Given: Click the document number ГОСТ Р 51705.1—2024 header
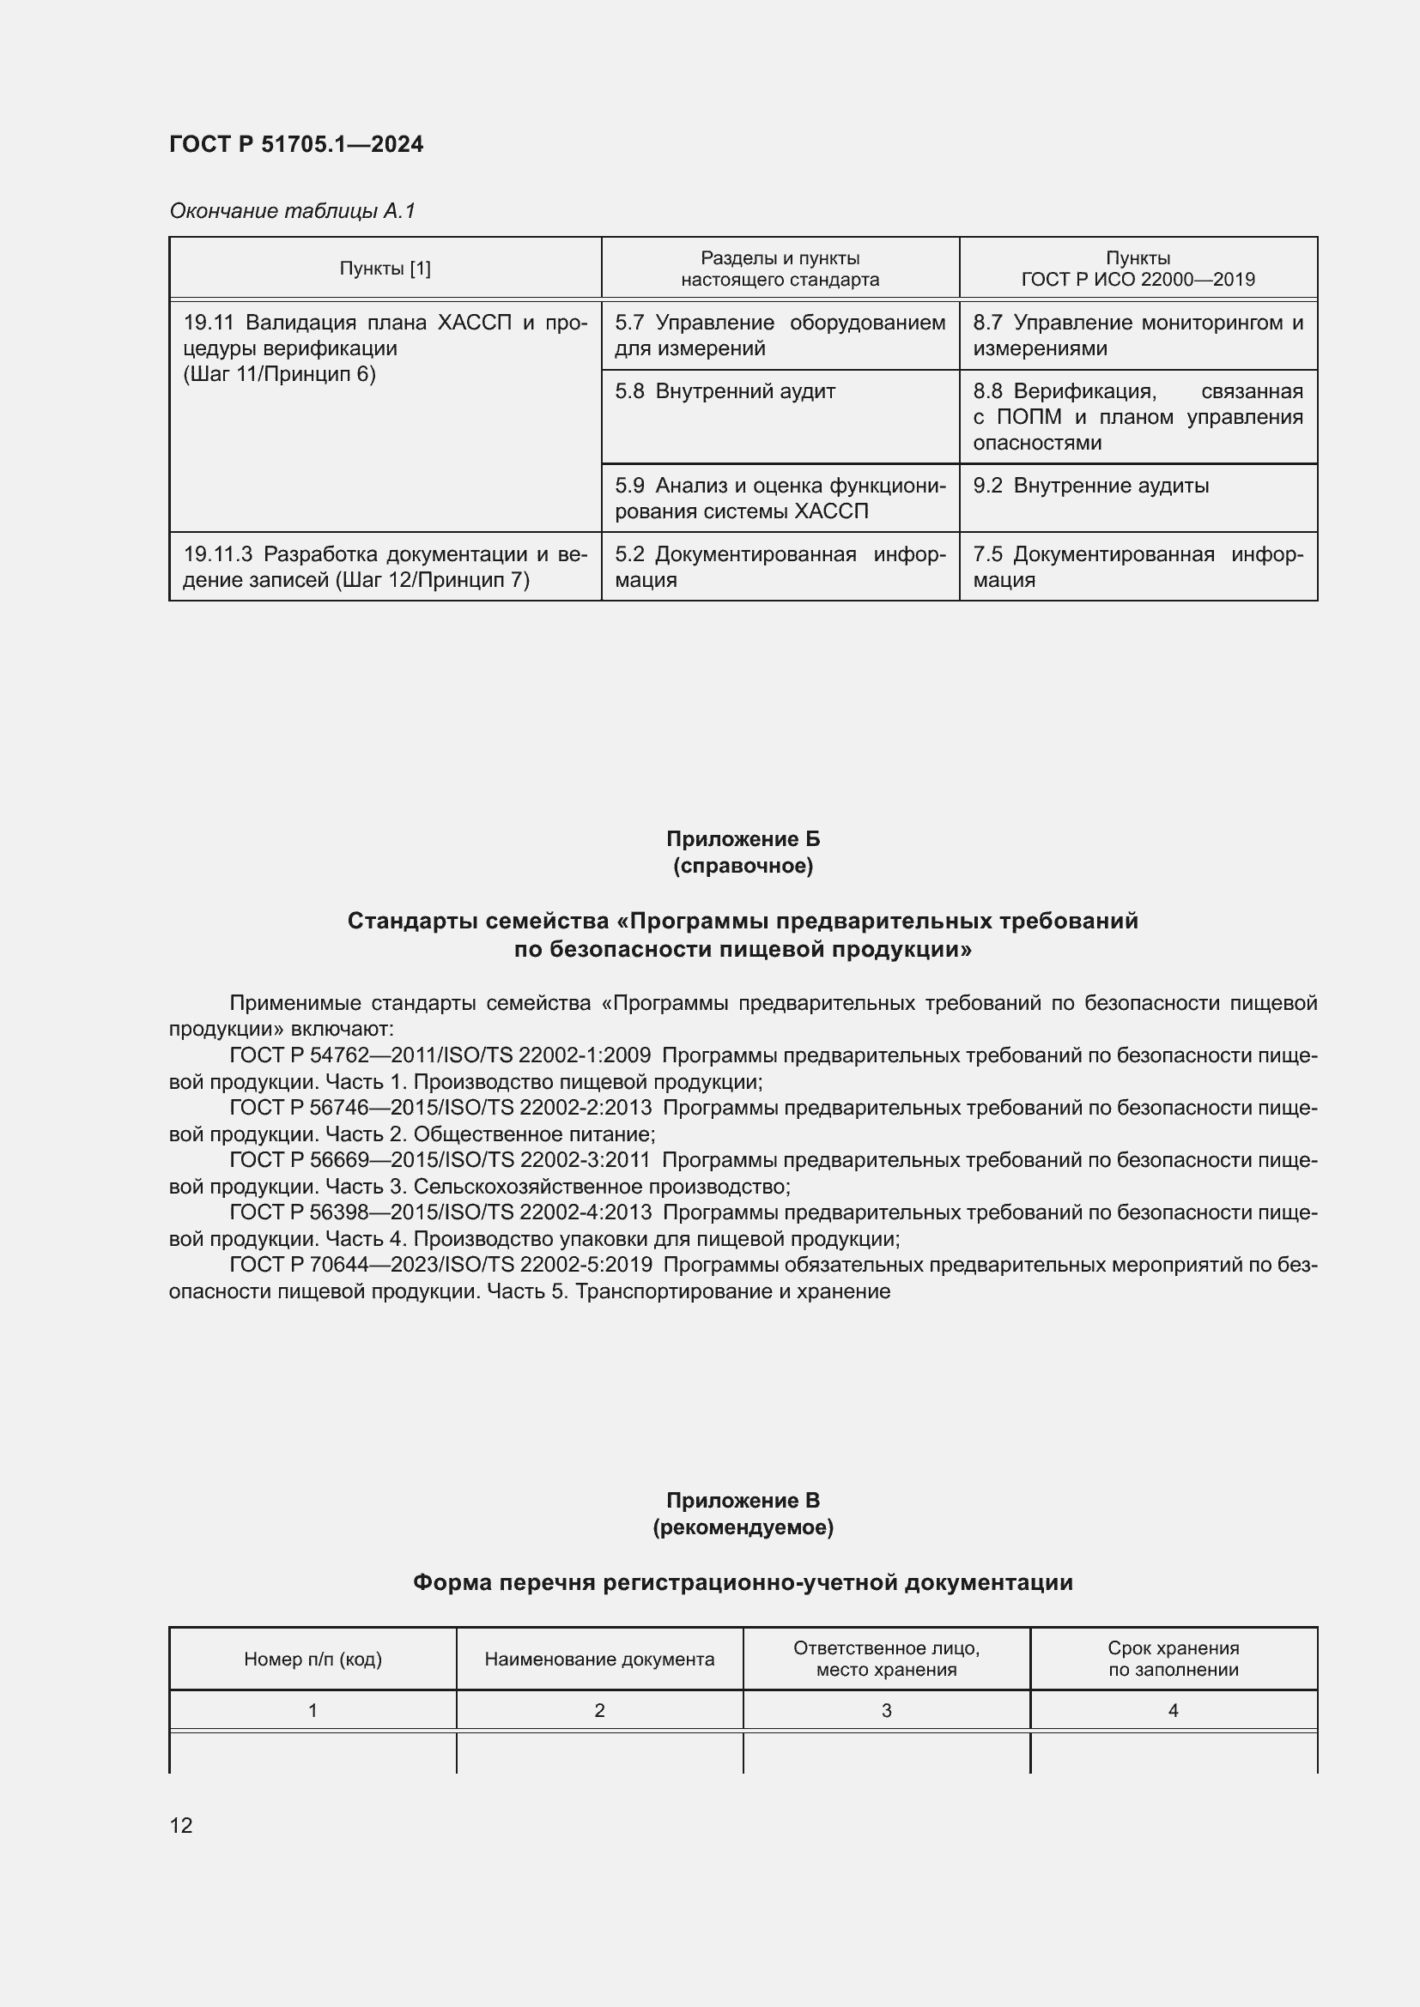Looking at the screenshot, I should pyautogui.click(x=295, y=144).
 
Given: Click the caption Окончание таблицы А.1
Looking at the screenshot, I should pyautogui.click(x=292, y=211).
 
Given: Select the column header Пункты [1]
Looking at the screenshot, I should pyautogui.click(x=385, y=269).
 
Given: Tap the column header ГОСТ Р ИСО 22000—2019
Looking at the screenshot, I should pyautogui.click(x=1138, y=280).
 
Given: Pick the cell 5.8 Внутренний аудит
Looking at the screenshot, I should pyautogui.click(x=725, y=391).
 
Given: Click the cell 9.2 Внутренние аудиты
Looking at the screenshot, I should pyautogui.click(x=1090, y=486).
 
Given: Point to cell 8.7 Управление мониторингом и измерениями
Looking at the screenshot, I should pyautogui.click(x=1138, y=336).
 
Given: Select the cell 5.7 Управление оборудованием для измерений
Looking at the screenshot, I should pyautogui.click(x=779, y=336).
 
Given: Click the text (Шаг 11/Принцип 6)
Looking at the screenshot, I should pyautogui.click(x=279, y=374).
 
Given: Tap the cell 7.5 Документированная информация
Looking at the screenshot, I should pyautogui.click(x=1138, y=567).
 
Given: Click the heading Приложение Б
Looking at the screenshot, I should pyautogui.click(x=743, y=839).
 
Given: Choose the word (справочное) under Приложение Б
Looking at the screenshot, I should pyautogui.click(x=743, y=867).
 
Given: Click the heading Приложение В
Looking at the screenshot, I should pyautogui.click(x=743, y=1501).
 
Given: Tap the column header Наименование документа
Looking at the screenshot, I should pyautogui.click(x=599, y=1659).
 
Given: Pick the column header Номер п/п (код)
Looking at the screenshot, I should pyautogui.click(x=313, y=1659).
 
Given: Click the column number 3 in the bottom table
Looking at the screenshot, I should pyautogui.click(x=886, y=1711).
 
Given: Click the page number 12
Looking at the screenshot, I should pyautogui.click(x=181, y=1825).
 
